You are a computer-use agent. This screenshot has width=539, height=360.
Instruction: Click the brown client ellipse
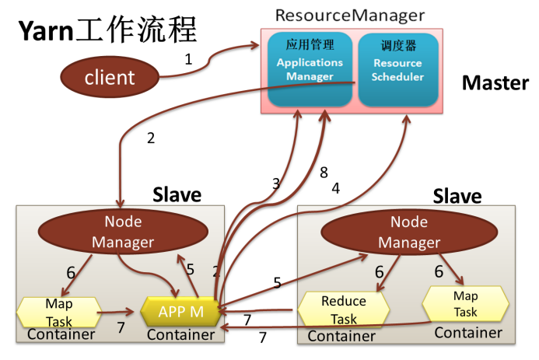click(110, 77)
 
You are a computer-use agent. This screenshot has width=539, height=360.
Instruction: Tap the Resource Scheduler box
click(397, 69)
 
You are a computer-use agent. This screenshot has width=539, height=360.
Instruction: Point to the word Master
click(495, 83)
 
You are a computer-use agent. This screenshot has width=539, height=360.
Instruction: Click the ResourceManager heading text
click(351, 15)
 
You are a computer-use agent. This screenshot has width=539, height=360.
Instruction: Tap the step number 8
click(324, 173)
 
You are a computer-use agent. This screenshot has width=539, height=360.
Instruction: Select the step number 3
click(275, 183)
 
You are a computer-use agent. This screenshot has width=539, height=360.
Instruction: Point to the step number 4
click(336, 187)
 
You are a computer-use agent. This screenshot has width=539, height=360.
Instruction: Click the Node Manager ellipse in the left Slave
click(123, 232)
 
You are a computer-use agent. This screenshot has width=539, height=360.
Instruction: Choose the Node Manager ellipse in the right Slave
click(409, 232)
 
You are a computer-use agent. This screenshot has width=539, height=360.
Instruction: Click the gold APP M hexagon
click(180, 311)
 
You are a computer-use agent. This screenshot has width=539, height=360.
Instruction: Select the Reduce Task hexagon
click(343, 310)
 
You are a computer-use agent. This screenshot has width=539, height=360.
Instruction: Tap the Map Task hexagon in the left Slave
click(58, 309)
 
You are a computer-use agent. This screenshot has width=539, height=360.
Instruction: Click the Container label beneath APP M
click(180, 335)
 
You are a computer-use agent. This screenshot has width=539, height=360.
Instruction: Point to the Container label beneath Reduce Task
click(342, 336)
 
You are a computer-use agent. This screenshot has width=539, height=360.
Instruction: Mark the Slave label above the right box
click(457, 195)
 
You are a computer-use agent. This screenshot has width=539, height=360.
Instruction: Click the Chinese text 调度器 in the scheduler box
click(397, 45)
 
